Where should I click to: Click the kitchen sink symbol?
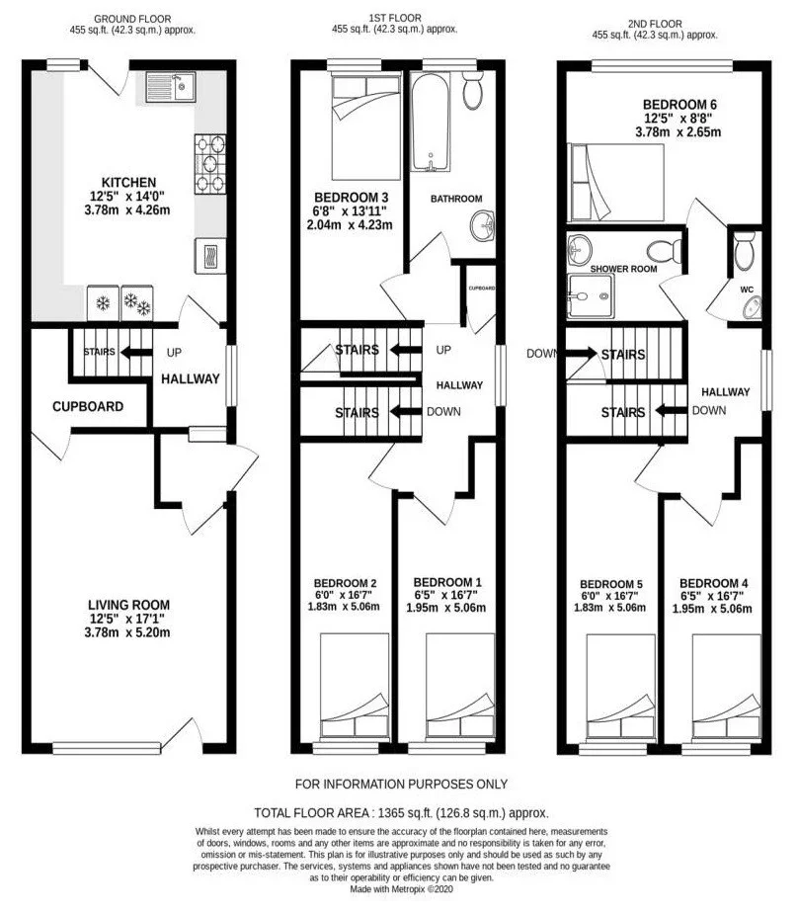pos(170,87)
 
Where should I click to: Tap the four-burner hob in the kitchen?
pos(210,164)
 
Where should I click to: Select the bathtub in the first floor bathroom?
pos(431,123)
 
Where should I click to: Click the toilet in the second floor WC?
pos(744,252)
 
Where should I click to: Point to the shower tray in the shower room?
pos(591,295)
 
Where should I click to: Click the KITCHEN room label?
pos(128,183)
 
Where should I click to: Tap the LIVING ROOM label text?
pos(129,605)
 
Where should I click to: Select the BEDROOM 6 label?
pos(679,105)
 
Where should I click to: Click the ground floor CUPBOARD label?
pos(88,407)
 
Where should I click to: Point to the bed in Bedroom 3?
pos(366,127)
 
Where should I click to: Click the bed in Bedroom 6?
pos(616,183)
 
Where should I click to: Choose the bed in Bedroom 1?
pos(460,685)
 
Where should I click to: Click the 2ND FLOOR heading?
pos(655,24)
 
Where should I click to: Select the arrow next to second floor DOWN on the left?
pos(581,354)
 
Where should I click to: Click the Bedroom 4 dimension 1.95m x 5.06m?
pos(712,610)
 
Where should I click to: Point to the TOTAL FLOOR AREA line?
pos(401,812)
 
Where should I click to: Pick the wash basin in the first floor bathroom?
pos(483,226)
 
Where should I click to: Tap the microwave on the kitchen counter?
pos(210,256)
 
